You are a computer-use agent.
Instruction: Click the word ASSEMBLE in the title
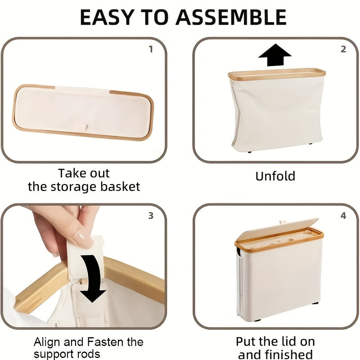[x=231, y=17]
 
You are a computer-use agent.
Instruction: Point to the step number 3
[x=151, y=216]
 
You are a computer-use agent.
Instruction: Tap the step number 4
[x=343, y=216]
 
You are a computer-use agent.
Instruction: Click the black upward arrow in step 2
[x=274, y=55]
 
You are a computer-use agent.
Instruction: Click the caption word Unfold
[x=275, y=176]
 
